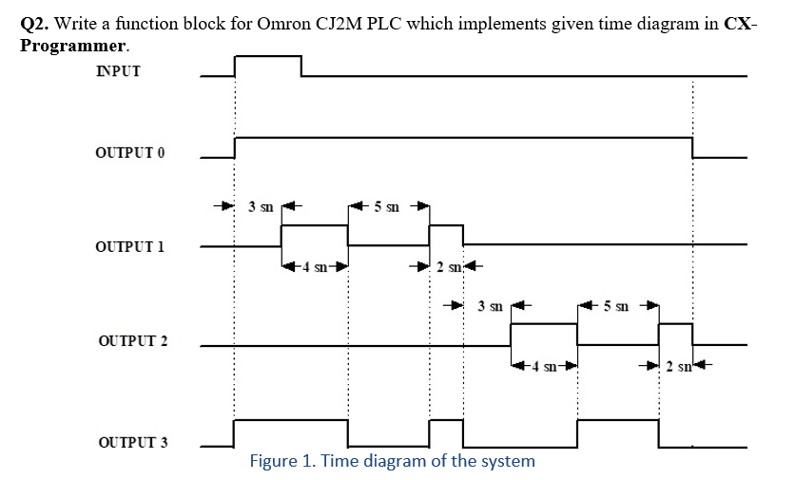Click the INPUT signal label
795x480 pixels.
(x=118, y=70)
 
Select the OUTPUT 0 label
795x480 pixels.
(x=130, y=153)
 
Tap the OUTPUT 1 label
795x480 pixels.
(x=130, y=246)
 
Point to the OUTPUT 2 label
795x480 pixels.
(x=133, y=341)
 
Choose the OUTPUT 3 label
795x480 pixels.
(x=133, y=443)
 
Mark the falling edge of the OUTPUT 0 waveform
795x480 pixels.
(x=692, y=147)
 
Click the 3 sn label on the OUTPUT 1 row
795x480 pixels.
(x=260, y=204)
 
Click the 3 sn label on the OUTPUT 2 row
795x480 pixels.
(x=490, y=306)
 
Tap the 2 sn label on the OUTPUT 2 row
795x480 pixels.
(x=677, y=365)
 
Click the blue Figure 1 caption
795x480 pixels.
(x=392, y=461)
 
